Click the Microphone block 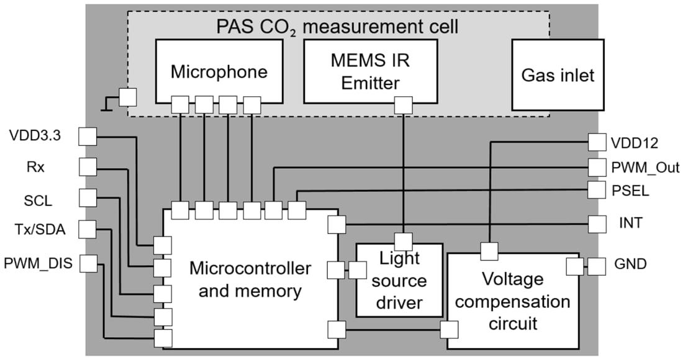219,71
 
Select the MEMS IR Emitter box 371,71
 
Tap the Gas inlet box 557,74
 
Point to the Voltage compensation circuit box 513,301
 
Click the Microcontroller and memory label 250,279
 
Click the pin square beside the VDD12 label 597,142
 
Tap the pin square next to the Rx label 88,166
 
